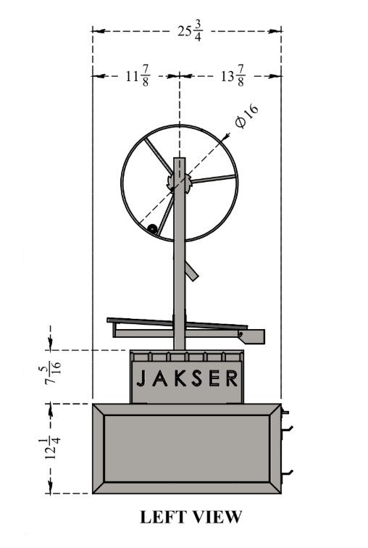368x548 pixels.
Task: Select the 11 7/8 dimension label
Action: click(138, 75)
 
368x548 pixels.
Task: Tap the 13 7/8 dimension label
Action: click(233, 75)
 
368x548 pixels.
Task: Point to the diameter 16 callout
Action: click(247, 116)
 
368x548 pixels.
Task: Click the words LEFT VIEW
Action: click(191, 517)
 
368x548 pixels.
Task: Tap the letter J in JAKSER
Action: click(141, 378)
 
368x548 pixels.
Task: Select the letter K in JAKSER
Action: click(180, 378)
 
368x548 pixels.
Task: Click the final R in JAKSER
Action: click(232, 378)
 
